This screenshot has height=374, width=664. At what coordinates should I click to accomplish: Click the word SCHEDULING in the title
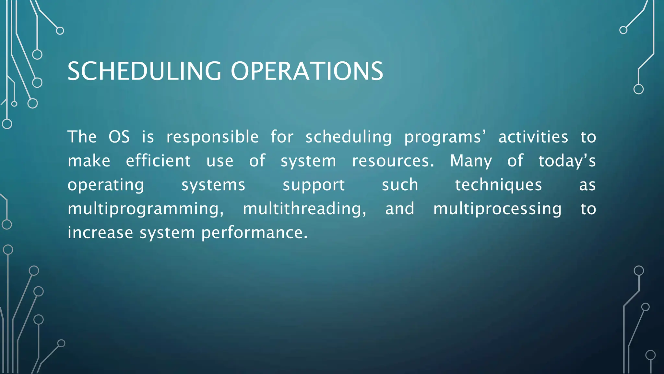144,71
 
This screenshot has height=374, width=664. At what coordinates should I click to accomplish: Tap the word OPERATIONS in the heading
307,71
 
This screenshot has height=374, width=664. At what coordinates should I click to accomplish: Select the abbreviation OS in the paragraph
119,137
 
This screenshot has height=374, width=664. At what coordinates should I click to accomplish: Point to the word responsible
212,137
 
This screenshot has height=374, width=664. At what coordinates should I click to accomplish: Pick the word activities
533,137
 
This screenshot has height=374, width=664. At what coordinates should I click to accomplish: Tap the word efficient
158,161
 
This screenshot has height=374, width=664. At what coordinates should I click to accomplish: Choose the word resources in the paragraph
393,161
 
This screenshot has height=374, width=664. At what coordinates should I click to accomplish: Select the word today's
567,161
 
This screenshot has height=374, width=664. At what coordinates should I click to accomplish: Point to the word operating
106,185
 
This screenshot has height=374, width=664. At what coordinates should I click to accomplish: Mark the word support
314,185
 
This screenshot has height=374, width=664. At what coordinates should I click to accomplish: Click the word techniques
498,185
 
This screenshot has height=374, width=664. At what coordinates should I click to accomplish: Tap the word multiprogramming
146,209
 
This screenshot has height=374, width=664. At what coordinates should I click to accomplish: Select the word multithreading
304,209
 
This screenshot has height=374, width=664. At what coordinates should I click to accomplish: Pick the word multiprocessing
497,209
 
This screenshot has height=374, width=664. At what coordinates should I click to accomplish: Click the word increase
100,232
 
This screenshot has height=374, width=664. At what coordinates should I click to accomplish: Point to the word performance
254,233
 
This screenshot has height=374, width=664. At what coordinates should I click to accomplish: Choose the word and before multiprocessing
399,208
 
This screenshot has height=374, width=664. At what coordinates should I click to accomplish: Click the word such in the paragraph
400,185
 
